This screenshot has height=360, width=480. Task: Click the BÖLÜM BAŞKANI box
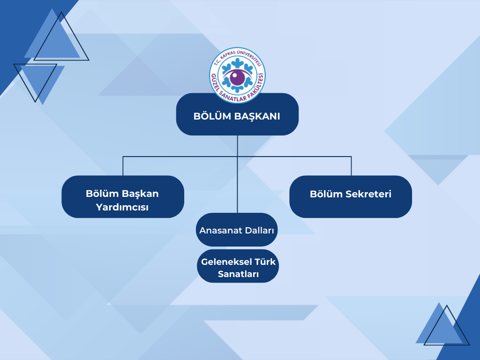237,114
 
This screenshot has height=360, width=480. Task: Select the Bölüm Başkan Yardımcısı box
123,196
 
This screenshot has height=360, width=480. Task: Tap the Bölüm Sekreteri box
351,196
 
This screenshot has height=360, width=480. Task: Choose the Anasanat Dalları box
237,230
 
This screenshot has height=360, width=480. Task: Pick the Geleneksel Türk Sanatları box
238,266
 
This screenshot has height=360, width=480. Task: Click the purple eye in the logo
237,77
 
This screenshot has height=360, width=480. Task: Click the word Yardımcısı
122,207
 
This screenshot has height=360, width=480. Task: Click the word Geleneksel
225,262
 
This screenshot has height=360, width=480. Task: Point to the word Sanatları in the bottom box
238,274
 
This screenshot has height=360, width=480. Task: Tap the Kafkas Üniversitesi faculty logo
237,75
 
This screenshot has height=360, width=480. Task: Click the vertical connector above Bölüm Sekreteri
351,166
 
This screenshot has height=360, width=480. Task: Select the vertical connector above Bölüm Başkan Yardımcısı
123,166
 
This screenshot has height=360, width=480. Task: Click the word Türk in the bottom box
263,262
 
